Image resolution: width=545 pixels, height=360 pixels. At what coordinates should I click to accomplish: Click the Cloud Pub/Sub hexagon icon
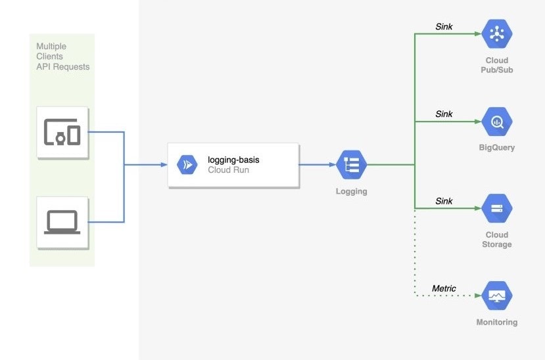pyautogui.click(x=496, y=34)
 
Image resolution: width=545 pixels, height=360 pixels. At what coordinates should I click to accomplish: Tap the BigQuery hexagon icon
pyautogui.click(x=496, y=121)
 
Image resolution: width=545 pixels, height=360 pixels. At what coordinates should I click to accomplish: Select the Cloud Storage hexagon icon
pyautogui.click(x=496, y=208)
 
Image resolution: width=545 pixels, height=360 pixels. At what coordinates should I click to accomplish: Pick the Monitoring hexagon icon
pyautogui.click(x=496, y=296)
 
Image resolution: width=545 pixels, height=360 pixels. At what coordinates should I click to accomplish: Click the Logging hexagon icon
pyautogui.click(x=351, y=165)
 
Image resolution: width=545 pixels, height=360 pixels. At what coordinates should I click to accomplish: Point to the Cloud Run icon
pyautogui.click(x=187, y=165)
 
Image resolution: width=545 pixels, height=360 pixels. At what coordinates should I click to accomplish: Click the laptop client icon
pyautogui.click(x=62, y=222)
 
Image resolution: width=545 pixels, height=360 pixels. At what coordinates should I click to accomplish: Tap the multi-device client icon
pyautogui.click(x=62, y=132)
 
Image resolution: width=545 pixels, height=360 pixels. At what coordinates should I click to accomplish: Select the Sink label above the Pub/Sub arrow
pyautogui.click(x=444, y=27)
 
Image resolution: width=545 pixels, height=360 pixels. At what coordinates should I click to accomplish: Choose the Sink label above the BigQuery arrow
pyautogui.click(x=444, y=114)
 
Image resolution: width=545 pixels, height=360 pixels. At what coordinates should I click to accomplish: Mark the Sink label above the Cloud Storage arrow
pyautogui.click(x=444, y=201)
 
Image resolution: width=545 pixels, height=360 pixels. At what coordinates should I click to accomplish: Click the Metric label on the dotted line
pyautogui.click(x=444, y=288)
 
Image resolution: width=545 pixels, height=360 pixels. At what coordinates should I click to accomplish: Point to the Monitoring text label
pyautogui.click(x=496, y=323)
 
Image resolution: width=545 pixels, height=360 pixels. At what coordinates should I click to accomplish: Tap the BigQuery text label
pyautogui.click(x=496, y=148)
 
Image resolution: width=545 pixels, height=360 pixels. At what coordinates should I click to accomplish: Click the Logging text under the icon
pyautogui.click(x=351, y=192)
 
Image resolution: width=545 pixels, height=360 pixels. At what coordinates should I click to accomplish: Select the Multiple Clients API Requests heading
pyautogui.click(x=62, y=56)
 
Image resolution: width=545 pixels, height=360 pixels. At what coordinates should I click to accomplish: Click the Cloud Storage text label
pyautogui.click(x=496, y=240)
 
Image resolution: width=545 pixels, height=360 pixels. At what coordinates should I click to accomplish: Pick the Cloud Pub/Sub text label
pyautogui.click(x=496, y=65)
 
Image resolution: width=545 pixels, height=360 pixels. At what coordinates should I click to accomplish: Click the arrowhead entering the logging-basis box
pyautogui.click(x=164, y=165)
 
